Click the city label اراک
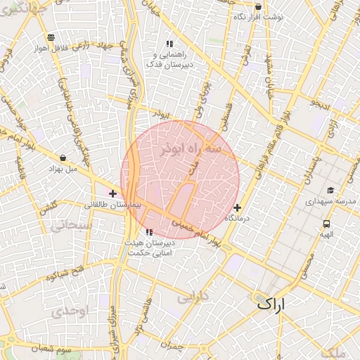pyautogui.click(x=273, y=304)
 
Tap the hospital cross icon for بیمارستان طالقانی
pyautogui.click(x=112, y=193)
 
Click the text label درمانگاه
pyautogui.click(x=238, y=219)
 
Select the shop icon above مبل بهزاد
pyautogui.click(x=64, y=157)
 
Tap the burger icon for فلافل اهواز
pyautogui.click(x=49, y=38)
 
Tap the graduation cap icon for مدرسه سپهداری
pyautogui.click(x=330, y=191)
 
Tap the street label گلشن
pyautogui.click(x=48, y=209)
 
